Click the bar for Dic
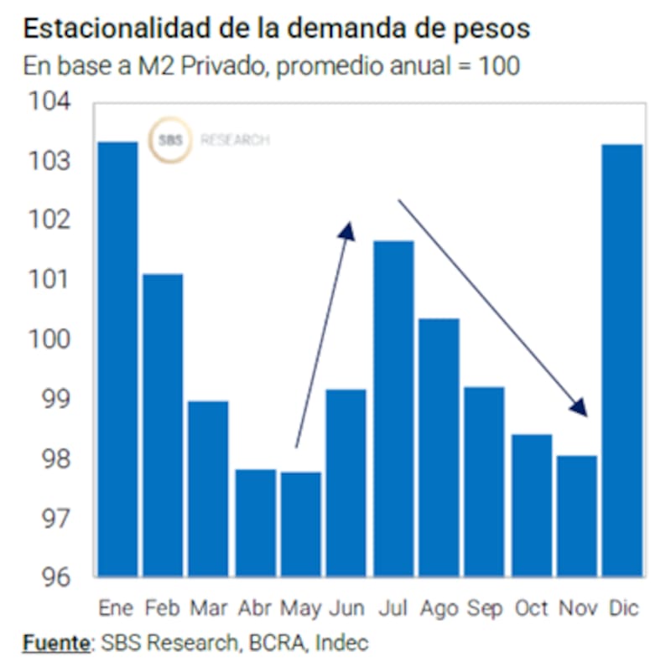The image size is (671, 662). pos(622,360)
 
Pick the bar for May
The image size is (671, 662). pos(300,524)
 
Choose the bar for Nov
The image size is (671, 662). pos(576,515)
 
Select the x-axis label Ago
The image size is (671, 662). pos(439,608)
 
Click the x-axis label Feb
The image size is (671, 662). pos(163,608)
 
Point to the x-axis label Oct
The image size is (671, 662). pos(531,608)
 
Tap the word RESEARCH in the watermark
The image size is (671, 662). pos(235,141)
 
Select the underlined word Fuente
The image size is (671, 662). pos(55,644)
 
